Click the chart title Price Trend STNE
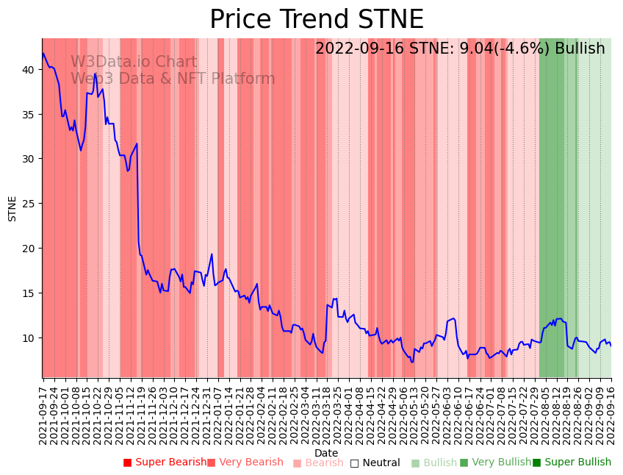coord(316,20)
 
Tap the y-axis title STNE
coord(12,208)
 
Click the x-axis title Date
coord(326,453)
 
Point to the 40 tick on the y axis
coord(27,70)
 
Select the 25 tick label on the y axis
coord(27,204)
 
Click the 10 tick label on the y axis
coord(27,337)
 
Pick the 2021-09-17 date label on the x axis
coord(43,413)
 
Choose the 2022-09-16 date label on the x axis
coord(611,413)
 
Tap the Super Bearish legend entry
coord(165,463)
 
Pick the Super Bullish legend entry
coord(572,463)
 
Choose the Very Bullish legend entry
coord(495,463)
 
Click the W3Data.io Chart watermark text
coord(134,63)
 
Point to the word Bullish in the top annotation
coord(580,49)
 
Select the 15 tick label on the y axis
coord(27,293)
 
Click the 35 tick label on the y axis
coord(27,115)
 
